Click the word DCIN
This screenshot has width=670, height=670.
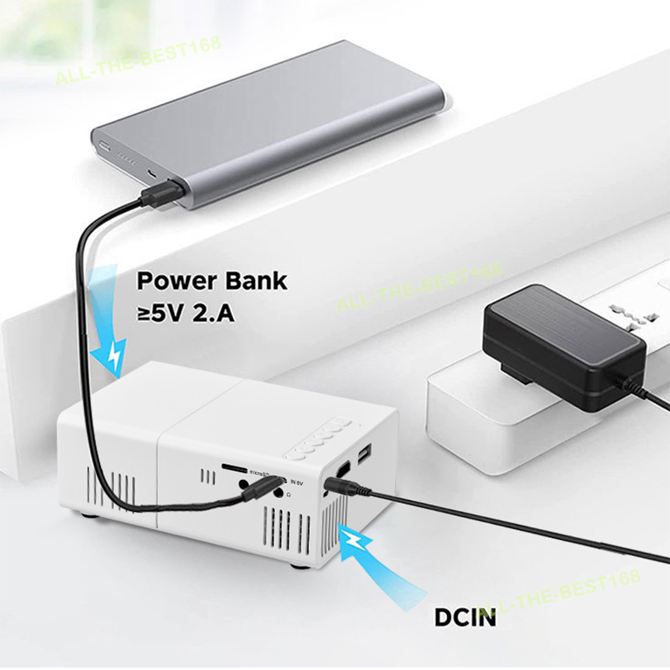click(465, 617)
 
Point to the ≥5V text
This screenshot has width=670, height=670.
click(160, 312)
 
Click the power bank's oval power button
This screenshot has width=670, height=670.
click(102, 147)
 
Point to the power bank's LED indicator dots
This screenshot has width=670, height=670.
click(126, 159)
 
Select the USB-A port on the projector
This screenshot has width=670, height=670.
click(364, 454)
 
